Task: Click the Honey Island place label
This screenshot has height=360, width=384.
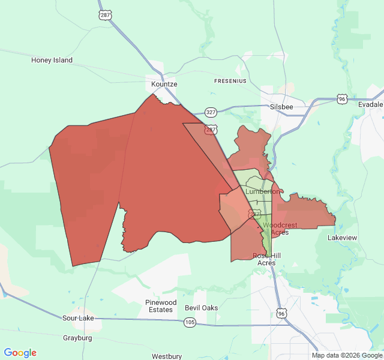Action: coord(52,60)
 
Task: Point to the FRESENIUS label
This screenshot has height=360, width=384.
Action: coord(230,80)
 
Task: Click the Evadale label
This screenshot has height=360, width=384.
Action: coord(370,104)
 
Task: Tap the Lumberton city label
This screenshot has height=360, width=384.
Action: coord(262,191)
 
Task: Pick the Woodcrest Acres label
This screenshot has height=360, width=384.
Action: coord(280,229)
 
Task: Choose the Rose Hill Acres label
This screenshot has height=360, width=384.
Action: coord(266,259)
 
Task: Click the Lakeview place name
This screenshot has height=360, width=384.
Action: coord(342,238)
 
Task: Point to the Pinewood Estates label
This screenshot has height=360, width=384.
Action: coord(161,306)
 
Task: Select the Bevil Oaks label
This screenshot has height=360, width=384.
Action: coord(201,308)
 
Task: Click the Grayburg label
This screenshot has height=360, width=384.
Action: coord(77,338)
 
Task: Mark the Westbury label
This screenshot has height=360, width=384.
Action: coord(167,356)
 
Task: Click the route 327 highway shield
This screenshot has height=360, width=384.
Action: coord(211,112)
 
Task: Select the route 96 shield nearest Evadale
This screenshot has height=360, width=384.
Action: coord(341,98)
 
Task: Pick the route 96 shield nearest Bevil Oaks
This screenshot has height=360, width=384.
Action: coord(281,313)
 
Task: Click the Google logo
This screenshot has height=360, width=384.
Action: coord(20,353)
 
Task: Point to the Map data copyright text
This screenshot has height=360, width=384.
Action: coord(346,355)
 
